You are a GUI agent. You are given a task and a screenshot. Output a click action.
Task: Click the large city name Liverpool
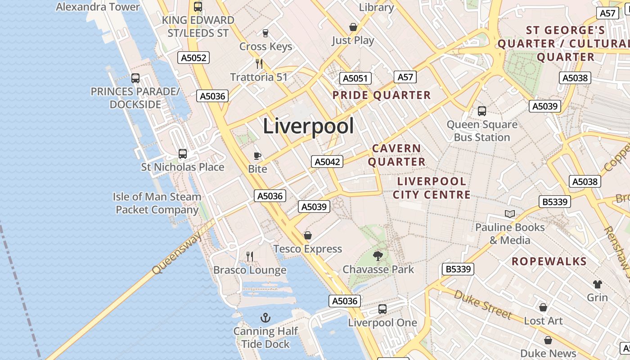(x=308, y=126)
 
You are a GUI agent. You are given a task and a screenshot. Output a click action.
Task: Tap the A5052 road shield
(x=193, y=58)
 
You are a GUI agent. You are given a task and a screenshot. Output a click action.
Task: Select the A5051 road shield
(x=355, y=78)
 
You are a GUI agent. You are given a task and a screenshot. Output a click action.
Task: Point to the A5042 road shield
(x=327, y=162)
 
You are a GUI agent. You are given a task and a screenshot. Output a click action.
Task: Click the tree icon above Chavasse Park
(x=378, y=256)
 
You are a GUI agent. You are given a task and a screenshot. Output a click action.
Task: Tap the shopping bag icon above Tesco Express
(x=308, y=235)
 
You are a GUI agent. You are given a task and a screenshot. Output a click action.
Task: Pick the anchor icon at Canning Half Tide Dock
(x=265, y=318)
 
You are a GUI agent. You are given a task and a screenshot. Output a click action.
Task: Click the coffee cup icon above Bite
(x=257, y=156)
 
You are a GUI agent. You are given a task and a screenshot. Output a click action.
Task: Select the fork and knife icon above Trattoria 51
(x=259, y=64)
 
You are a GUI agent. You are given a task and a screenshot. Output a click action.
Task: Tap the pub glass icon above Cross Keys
(x=265, y=33)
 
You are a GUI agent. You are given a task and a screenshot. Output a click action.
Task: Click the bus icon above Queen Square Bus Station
(x=482, y=111)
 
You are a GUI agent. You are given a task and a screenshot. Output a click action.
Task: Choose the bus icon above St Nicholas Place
(x=183, y=154)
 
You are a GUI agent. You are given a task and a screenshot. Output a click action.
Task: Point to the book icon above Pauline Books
(x=510, y=214)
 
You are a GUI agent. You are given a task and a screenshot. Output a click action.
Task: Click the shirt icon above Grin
(x=598, y=284)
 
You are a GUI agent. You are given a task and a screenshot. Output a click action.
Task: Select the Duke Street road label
(x=482, y=305)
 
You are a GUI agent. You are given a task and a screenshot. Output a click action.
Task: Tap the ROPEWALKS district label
(x=549, y=262)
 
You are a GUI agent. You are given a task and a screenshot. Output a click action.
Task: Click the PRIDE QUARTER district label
(x=382, y=95)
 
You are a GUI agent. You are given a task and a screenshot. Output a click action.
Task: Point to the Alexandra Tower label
(x=98, y=7)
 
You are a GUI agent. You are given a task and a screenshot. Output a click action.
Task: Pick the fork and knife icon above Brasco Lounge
(x=250, y=256)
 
